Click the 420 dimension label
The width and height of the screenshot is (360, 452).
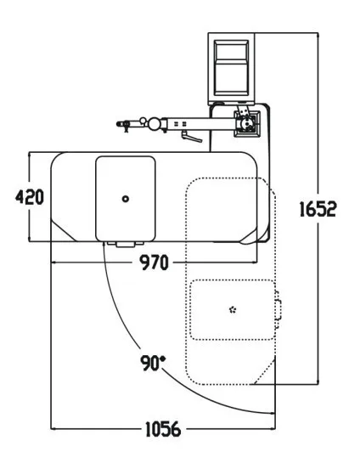click(x=30, y=197)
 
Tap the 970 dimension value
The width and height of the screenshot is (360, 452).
click(x=154, y=263)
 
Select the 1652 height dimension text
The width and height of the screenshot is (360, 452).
click(x=318, y=209)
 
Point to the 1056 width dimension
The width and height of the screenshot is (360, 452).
click(x=163, y=429)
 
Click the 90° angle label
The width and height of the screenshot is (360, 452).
click(x=153, y=363)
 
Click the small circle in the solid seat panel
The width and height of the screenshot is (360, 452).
click(x=126, y=199)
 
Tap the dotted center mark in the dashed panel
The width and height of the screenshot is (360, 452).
click(x=233, y=310)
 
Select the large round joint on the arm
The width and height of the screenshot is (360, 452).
click(x=155, y=123)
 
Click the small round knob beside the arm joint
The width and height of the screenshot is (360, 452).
click(x=143, y=120)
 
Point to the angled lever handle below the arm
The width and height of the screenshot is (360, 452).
click(x=192, y=137)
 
